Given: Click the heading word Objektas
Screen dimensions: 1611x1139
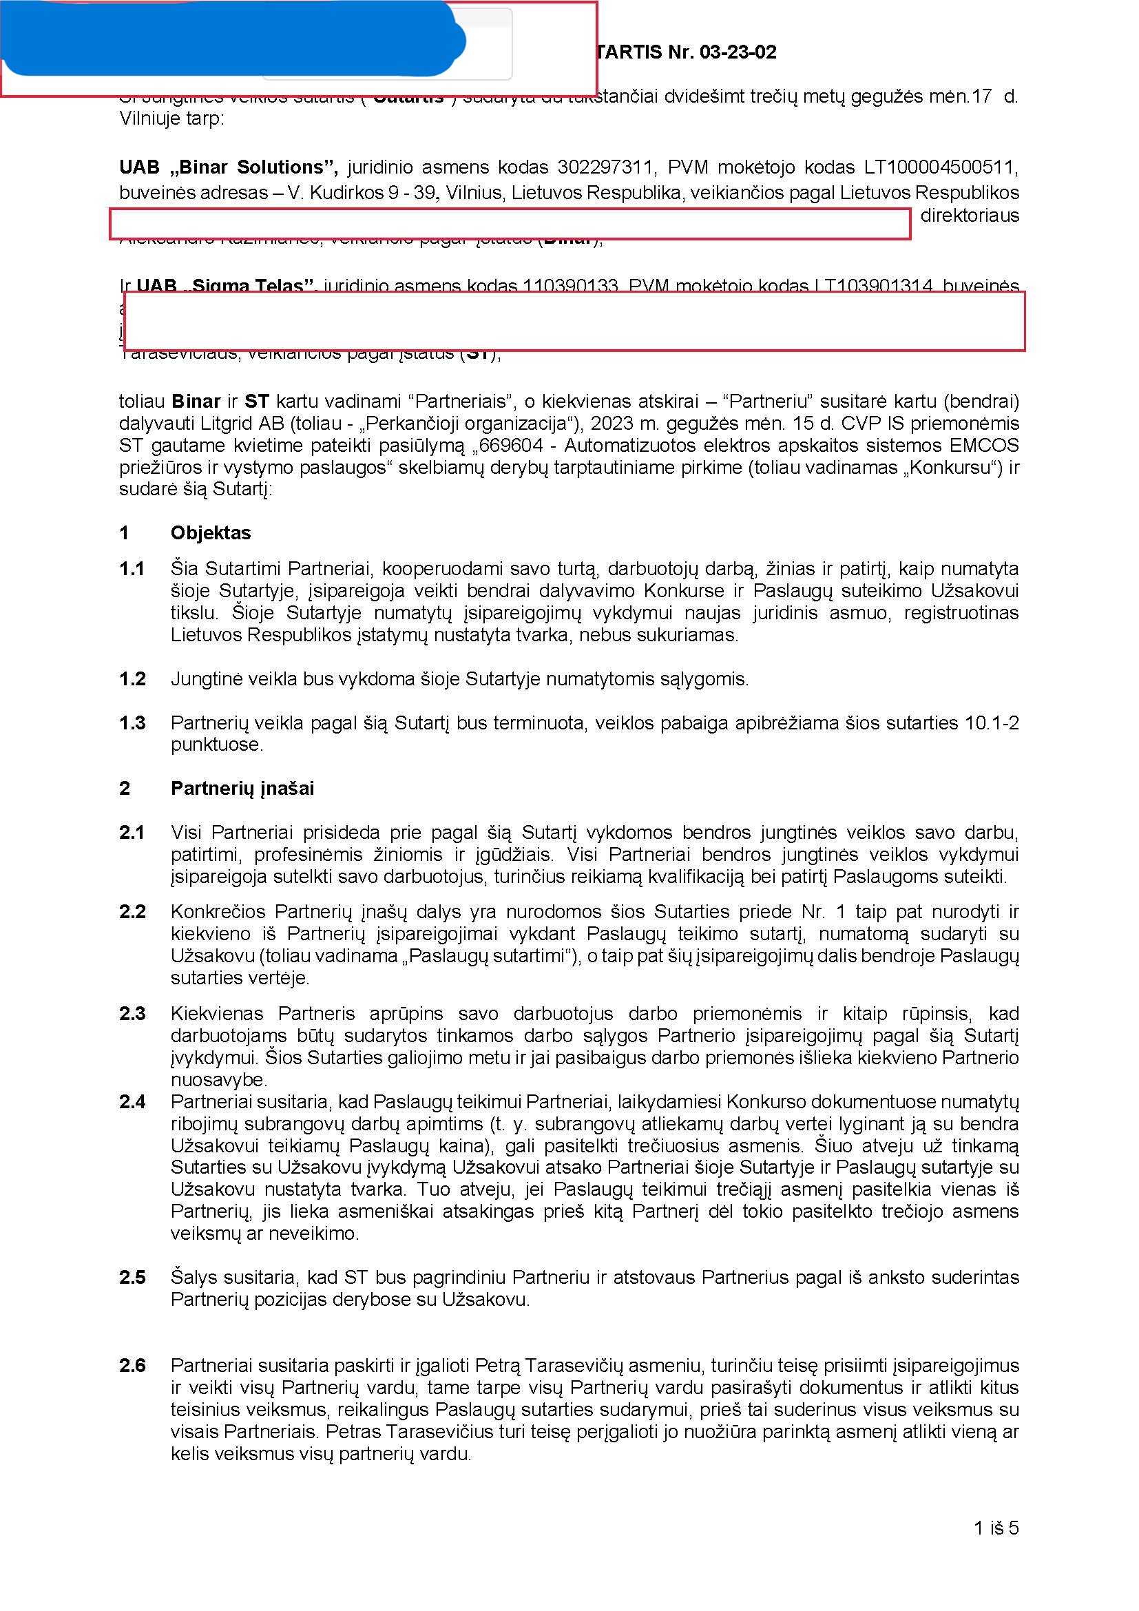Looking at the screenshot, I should coord(211,532).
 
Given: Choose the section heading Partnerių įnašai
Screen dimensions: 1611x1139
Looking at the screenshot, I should coord(242,788).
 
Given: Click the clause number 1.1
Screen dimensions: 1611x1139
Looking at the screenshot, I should coord(132,568).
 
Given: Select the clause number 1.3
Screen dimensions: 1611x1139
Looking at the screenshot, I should coord(132,723).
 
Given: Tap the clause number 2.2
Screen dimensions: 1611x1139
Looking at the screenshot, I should coord(132,911).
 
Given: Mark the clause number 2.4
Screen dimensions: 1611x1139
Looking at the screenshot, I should coord(132,1101).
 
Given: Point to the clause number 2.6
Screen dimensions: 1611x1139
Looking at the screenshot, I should coord(132,1365).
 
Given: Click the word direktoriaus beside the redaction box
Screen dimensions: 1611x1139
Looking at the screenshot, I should coord(970,216).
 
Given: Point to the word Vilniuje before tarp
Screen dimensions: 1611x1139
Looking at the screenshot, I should coord(155,118).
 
